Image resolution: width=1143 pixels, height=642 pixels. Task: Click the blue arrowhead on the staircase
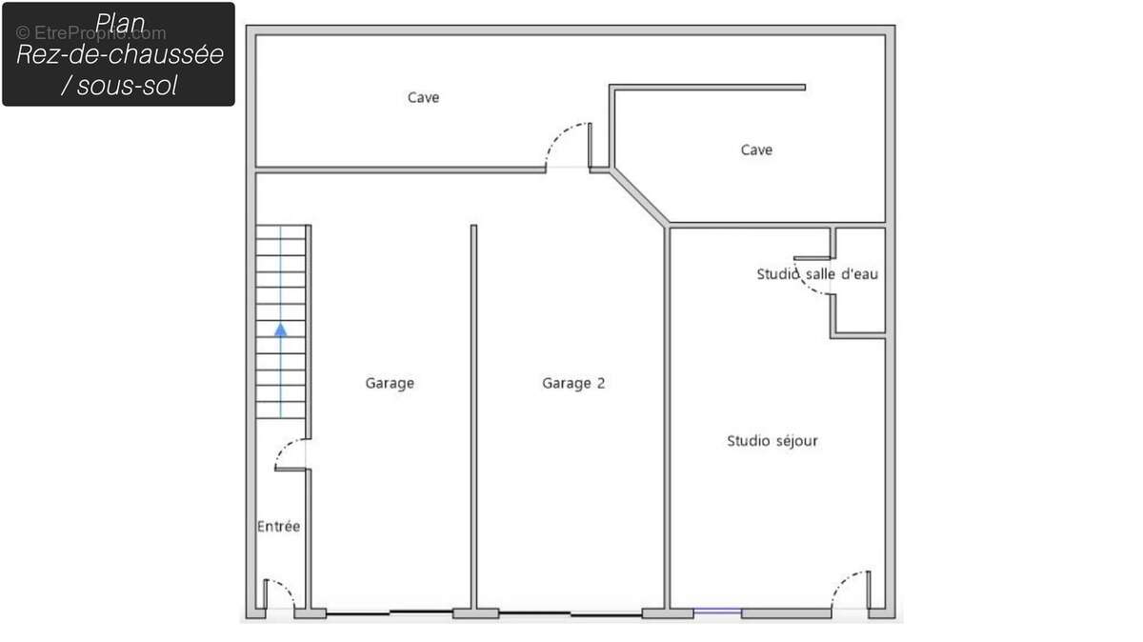click(x=281, y=331)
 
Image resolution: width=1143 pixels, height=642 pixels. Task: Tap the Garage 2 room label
click(x=573, y=383)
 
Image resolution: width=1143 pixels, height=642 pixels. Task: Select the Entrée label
click(x=278, y=526)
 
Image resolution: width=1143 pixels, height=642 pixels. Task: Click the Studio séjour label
click(x=772, y=441)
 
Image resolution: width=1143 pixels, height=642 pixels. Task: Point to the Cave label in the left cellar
click(x=424, y=97)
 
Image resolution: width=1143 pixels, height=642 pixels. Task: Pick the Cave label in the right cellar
click(x=756, y=150)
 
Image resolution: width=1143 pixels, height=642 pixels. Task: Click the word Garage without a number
click(x=390, y=383)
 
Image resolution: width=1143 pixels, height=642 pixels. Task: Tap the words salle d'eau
click(x=842, y=274)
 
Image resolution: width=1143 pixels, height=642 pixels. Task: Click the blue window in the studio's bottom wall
click(x=717, y=611)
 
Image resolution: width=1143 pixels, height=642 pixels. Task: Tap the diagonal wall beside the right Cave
click(x=639, y=197)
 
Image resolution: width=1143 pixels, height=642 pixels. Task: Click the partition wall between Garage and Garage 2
click(x=473, y=417)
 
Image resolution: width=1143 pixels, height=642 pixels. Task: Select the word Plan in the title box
click(x=120, y=24)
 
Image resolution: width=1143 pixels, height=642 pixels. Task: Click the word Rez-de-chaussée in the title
click(x=120, y=54)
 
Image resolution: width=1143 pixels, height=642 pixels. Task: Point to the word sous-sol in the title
click(x=127, y=86)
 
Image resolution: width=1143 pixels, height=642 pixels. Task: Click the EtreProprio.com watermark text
click(x=91, y=33)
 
